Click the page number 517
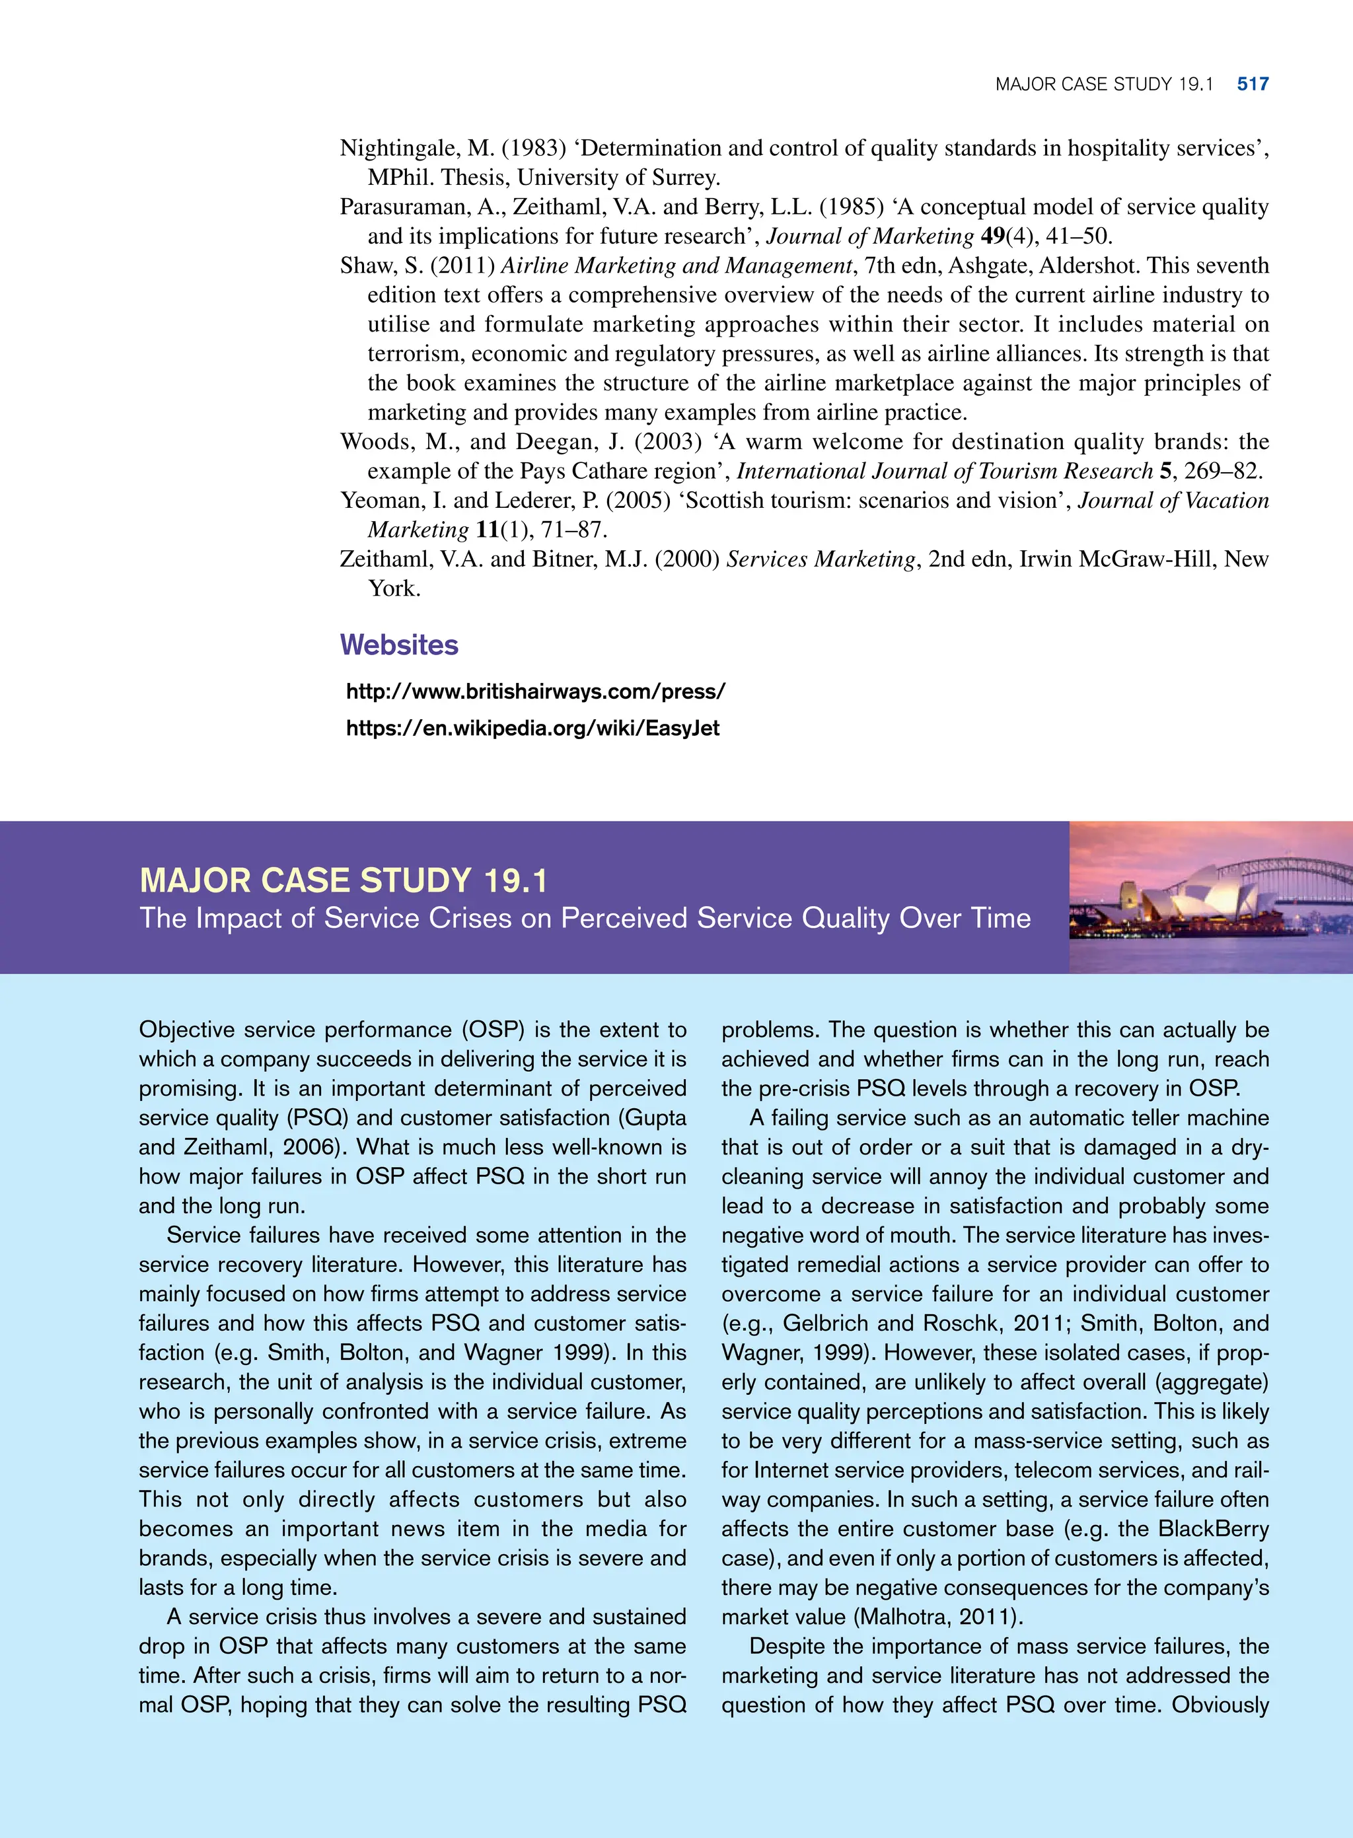click(x=1253, y=83)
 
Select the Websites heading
click(x=399, y=645)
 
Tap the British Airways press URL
click(x=536, y=691)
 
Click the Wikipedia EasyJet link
click(x=532, y=728)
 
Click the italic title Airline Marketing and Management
click(x=676, y=266)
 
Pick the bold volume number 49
click(x=993, y=236)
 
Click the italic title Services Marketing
click(x=821, y=559)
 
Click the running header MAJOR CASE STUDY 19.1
click(x=1103, y=83)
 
